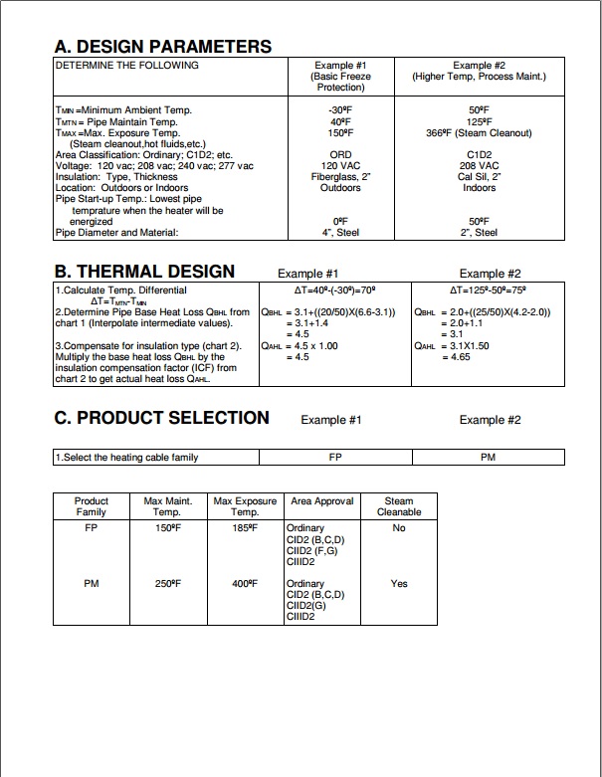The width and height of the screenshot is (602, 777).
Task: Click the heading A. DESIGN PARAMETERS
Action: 162,46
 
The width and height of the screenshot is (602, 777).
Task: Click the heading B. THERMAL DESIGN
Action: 144,272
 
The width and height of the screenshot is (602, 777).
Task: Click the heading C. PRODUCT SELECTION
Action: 161,418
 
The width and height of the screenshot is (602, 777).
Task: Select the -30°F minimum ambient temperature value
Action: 340,110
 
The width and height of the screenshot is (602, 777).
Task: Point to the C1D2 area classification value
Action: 480,155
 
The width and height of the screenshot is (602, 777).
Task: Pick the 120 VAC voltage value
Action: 340,166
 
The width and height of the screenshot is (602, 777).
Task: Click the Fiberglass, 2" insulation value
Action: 340,177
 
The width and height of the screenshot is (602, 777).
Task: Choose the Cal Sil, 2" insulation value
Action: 480,177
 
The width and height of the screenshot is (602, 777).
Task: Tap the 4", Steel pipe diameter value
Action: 340,233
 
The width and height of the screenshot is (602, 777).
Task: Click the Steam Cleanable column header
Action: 399,506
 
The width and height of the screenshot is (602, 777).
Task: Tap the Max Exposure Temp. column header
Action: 245,506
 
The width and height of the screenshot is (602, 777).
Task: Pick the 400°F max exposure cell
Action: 245,584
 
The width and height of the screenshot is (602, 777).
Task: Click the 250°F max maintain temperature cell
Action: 167,584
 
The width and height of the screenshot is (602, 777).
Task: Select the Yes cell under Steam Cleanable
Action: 399,584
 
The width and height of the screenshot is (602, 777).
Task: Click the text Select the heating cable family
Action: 128,458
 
